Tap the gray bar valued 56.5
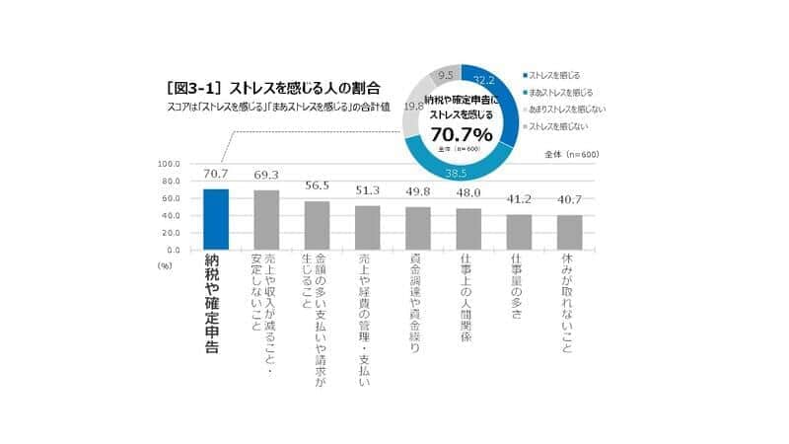(317, 226)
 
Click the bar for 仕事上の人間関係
(468, 229)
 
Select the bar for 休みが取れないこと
(569, 233)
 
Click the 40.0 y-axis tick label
(169, 216)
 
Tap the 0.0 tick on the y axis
(172, 251)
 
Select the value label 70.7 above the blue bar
(216, 175)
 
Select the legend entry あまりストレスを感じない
(567, 110)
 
